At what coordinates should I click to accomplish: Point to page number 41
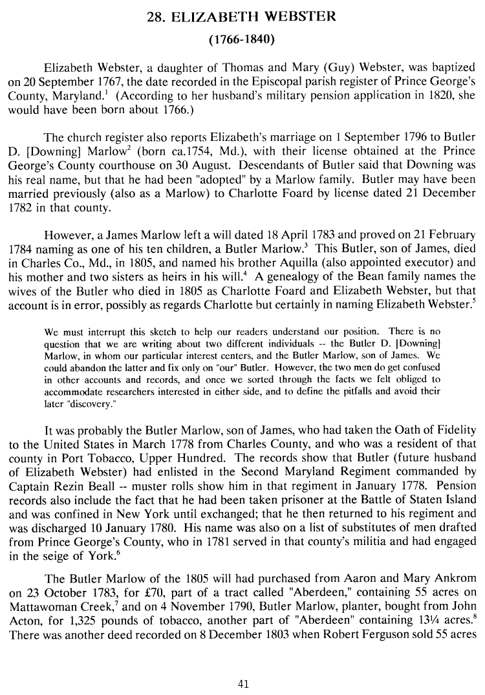pyautogui.click(x=242, y=682)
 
